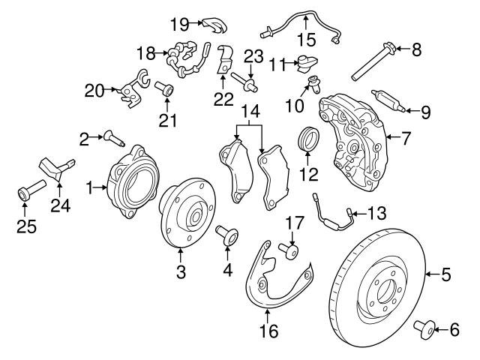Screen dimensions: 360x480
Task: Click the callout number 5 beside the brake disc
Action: click(446, 275)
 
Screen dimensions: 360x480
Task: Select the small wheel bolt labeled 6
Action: click(426, 328)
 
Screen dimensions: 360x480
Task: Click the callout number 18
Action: click(145, 53)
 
